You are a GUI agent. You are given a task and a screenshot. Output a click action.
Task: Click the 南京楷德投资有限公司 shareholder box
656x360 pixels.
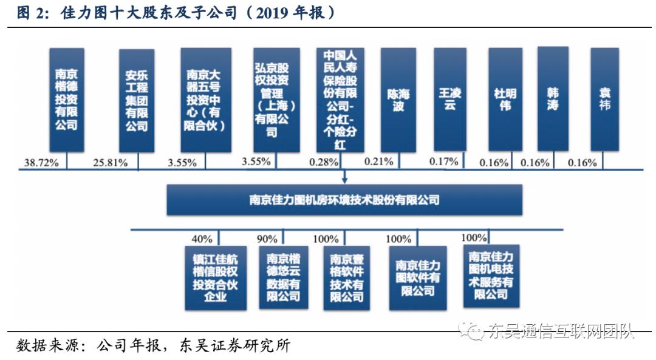click(67, 100)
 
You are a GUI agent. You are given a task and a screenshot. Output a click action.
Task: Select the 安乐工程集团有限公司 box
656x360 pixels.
click(137, 100)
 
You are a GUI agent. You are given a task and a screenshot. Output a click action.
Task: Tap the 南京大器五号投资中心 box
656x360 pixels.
click(206, 100)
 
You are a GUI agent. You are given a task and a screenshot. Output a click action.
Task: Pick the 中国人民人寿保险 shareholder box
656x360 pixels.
click(340, 100)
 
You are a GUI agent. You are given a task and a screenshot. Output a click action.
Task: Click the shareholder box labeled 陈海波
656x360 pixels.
click(398, 100)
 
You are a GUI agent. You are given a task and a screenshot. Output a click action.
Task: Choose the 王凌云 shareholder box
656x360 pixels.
click(449, 100)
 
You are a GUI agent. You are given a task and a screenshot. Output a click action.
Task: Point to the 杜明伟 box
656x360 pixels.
click(505, 100)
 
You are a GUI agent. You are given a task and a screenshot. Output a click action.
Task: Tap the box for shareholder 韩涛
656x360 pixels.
click(553, 99)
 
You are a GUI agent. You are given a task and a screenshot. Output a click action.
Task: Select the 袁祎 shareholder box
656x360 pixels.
click(604, 100)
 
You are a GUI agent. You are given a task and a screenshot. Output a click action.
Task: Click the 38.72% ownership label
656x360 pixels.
click(40, 163)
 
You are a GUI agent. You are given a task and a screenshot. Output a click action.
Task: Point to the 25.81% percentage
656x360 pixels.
click(111, 163)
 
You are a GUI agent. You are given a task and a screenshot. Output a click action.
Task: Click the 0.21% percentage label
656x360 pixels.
click(379, 162)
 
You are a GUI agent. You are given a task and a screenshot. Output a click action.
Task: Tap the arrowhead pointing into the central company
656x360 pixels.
click(344, 180)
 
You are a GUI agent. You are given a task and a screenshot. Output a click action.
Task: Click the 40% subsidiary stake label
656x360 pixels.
click(202, 239)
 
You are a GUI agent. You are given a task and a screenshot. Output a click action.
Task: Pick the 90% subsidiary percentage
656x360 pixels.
click(267, 239)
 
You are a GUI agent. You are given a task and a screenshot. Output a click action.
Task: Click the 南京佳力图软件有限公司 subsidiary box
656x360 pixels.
click(417, 277)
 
